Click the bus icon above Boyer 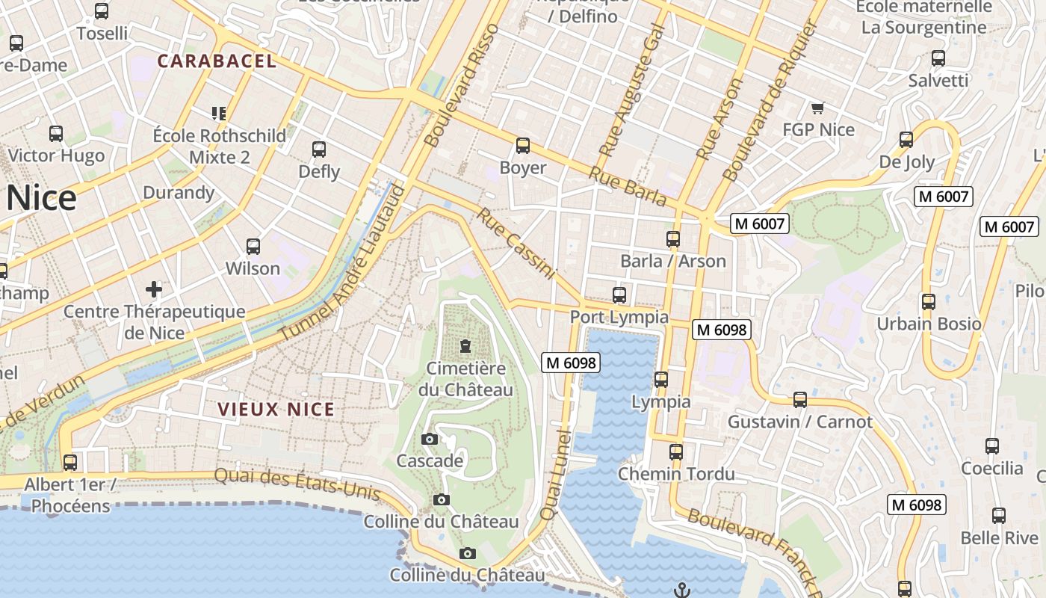coord(522,146)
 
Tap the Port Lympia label coord(619,317)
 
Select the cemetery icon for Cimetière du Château coord(465,346)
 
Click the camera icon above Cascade coord(430,439)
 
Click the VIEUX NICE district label coord(276,409)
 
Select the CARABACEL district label coord(217,61)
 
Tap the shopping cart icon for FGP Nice coord(817,108)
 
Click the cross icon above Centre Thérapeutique coord(154,289)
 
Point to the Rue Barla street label coord(628,185)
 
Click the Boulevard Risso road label coord(460,85)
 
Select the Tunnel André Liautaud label coord(342,263)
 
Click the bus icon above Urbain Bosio coord(928,302)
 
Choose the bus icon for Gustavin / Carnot coord(799,400)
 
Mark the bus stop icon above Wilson coord(253,247)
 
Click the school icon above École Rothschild coord(218,114)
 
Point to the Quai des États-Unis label coord(297,484)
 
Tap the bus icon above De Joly coord(906,140)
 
